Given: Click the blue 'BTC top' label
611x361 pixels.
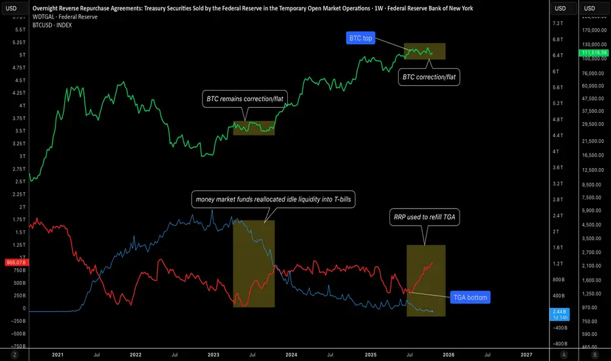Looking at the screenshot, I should (359, 38).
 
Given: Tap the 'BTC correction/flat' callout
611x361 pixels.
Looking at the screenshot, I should (429, 77).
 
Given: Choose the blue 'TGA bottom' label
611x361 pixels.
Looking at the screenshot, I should (471, 297).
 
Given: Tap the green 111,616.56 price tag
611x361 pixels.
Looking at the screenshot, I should (594, 52).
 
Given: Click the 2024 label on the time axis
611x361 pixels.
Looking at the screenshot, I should (290, 354).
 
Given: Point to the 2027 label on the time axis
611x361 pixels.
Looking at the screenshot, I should (526, 354).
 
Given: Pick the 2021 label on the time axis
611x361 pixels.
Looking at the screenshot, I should (58, 354).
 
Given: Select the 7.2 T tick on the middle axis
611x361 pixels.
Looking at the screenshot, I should (559, 23).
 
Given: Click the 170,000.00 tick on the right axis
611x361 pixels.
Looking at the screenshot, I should (594, 30).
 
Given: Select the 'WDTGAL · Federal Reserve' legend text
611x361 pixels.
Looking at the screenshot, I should (64, 16).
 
